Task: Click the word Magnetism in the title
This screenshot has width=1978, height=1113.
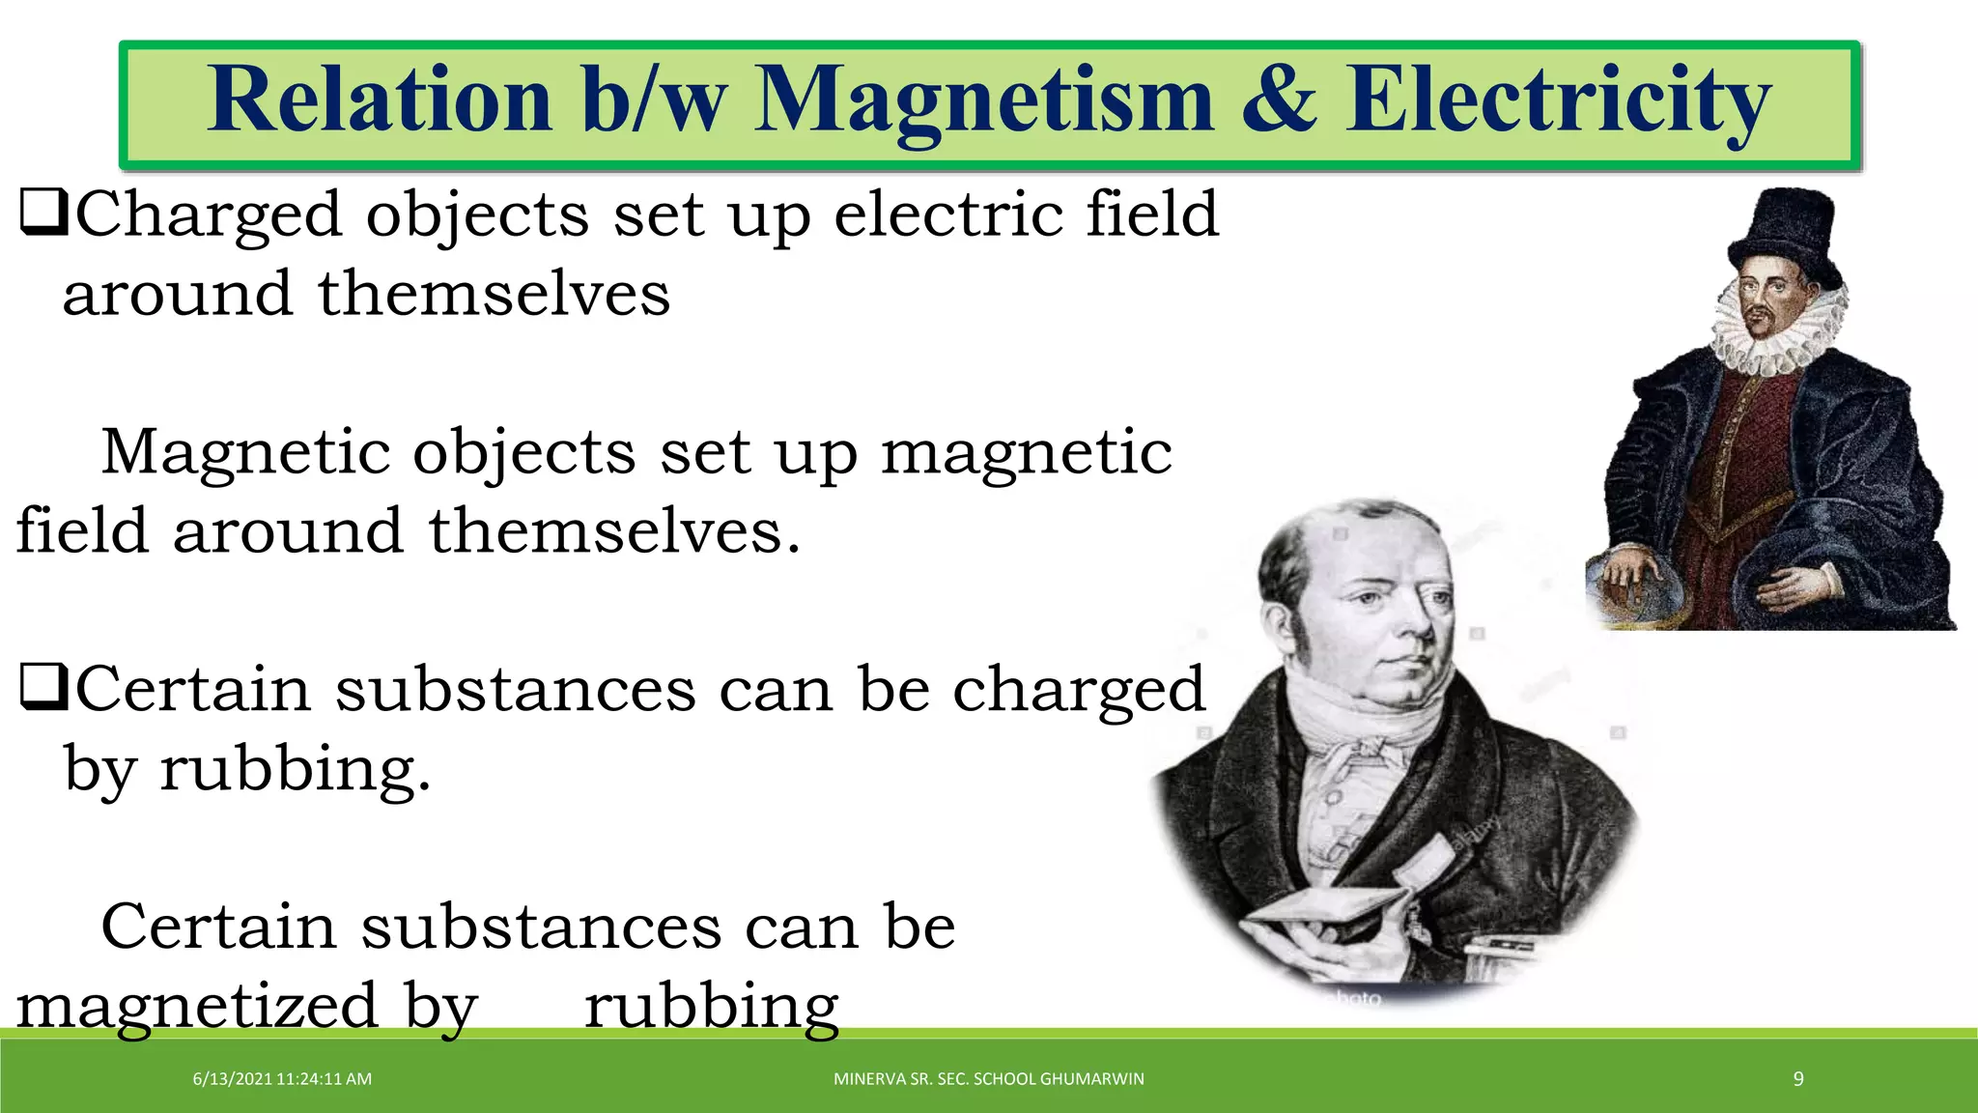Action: (982, 101)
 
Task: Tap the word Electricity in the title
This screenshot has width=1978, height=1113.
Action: (1558, 101)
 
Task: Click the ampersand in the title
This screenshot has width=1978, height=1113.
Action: (1279, 100)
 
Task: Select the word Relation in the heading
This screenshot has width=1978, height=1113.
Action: (379, 100)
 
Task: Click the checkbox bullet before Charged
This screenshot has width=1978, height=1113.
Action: (43, 214)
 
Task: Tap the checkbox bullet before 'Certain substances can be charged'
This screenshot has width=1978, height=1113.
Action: (43, 689)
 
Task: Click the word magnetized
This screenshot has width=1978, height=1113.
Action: (198, 1006)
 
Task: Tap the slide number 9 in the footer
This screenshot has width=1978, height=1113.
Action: (1798, 1079)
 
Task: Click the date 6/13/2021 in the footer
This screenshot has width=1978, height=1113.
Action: (233, 1079)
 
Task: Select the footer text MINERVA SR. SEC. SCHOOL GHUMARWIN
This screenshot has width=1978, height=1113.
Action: (988, 1079)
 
